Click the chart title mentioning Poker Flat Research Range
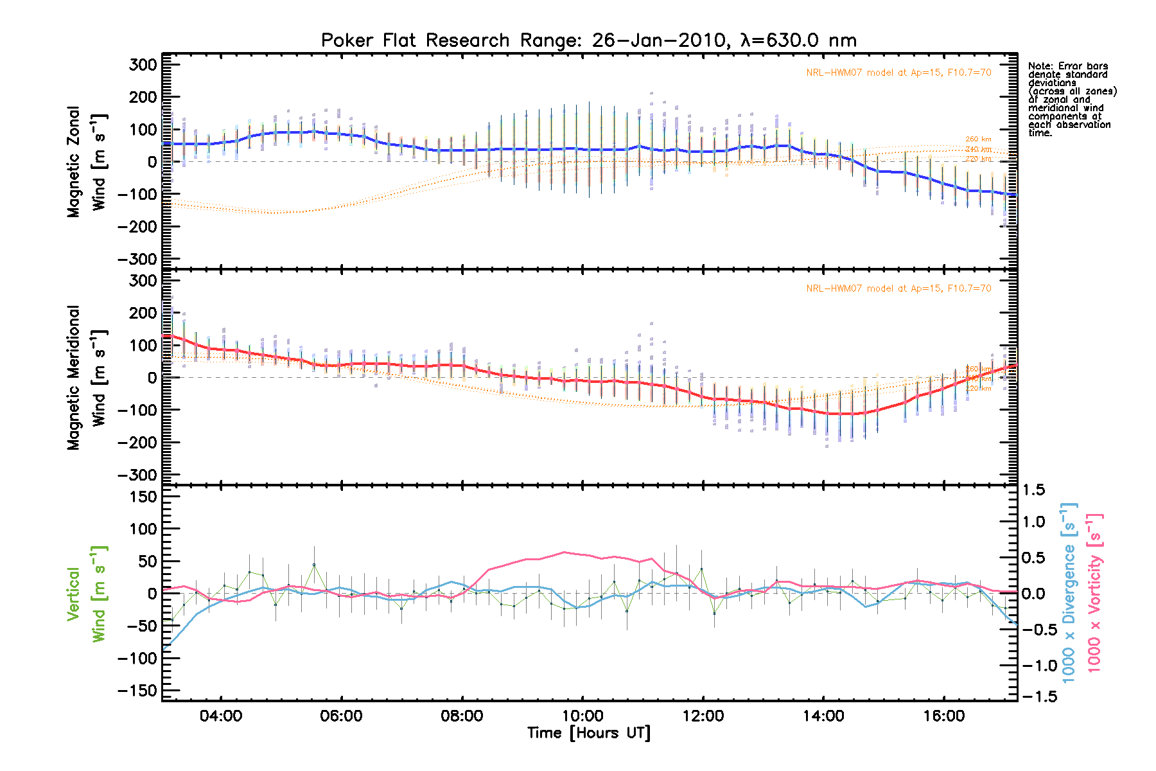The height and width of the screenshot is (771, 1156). point(588,40)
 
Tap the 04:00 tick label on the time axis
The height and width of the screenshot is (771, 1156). point(221,716)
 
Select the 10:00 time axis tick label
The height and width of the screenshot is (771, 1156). point(582,716)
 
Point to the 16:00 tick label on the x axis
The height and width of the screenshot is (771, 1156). point(944,716)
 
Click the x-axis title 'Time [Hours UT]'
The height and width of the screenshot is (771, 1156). point(588,733)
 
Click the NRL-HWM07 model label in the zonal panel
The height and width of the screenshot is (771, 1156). point(898,73)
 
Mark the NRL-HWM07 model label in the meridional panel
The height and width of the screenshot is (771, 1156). point(898,288)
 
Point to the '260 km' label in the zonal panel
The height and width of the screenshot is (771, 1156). point(978,139)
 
